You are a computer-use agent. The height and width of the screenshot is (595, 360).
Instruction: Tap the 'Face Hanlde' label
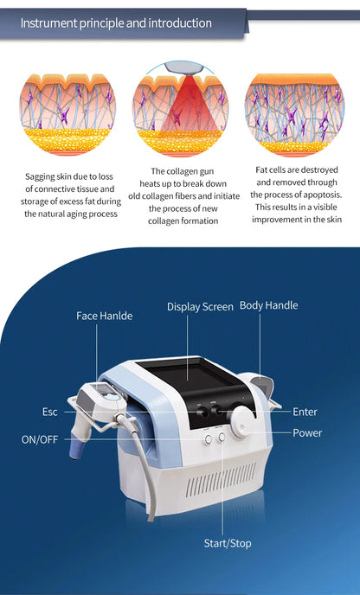pos(104,316)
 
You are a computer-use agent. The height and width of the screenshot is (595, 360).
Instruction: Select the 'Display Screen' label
pos(200,306)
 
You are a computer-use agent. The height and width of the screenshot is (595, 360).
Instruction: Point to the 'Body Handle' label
pos(268,305)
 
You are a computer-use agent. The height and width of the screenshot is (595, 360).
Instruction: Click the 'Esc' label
pos(49,412)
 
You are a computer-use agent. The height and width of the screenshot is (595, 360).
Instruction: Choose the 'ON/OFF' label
pos(40,439)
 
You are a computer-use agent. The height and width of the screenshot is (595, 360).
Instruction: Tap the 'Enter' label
pos(305,412)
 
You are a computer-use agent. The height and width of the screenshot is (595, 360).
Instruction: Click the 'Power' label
pos(306,432)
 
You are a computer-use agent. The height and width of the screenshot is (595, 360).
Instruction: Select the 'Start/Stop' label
pos(228,543)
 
